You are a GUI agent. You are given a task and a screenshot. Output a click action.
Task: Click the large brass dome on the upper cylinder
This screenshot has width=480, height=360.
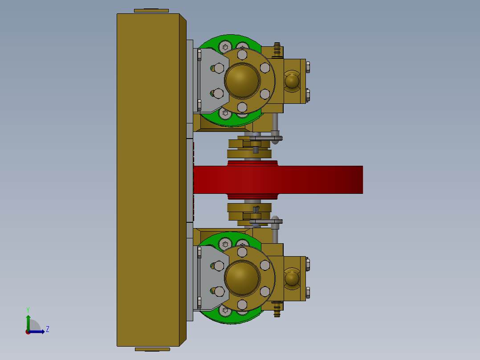click(242, 80)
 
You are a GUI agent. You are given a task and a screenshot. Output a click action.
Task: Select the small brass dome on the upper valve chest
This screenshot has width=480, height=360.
click(292, 81)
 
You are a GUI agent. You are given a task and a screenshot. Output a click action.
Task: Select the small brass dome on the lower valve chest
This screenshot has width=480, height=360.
click(292, 278)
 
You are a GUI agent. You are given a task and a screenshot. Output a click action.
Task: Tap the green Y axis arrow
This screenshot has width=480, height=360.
click(28, 320)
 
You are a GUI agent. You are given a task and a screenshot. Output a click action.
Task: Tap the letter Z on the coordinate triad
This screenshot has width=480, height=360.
click(47, 329)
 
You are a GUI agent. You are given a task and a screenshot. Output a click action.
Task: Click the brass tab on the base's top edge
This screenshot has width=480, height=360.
click(151, 10)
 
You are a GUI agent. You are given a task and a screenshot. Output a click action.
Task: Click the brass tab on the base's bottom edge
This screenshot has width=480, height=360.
click(152, 349)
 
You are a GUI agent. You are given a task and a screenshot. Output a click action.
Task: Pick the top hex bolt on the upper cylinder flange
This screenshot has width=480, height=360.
click(242, 54)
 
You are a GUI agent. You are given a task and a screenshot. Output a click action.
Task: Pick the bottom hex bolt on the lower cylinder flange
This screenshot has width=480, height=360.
click(242, 304)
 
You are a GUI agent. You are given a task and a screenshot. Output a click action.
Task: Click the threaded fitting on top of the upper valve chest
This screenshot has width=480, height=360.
click(277, 49)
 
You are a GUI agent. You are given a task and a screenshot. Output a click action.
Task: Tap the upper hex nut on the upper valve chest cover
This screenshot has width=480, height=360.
click(308, 67)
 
